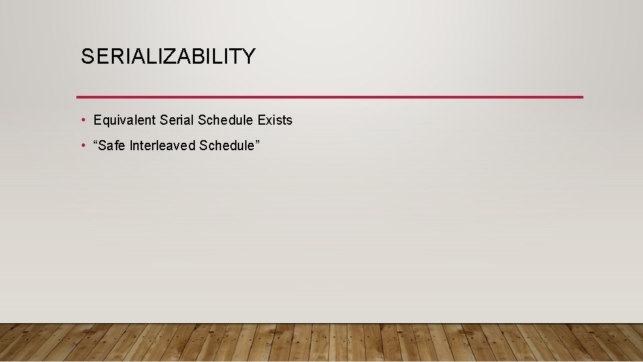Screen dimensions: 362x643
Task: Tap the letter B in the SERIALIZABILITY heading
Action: tap(198, 57)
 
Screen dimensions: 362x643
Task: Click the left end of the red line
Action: tap(78, 97)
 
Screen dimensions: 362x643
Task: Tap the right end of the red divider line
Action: tap(582, 97)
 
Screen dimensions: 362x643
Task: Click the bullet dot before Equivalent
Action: tap(82, 120)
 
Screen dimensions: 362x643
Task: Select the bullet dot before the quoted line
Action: tap(82, 145)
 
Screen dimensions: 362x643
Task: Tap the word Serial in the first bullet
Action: tap(177, 121)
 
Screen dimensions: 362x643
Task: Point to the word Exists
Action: tap(275, 121)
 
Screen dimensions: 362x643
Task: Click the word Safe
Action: tap(115, 145)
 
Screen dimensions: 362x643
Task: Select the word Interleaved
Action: tap(163, 145)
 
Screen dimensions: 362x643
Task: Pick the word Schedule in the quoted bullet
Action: tap(226, 145)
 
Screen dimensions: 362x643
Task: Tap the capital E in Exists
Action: tap(262, 121)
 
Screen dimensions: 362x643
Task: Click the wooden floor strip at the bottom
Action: tap(321, 343)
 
